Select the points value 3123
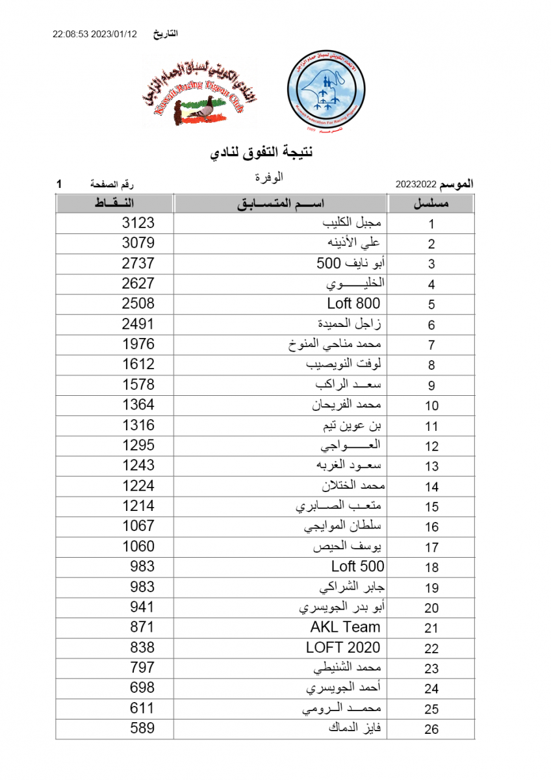pyautogui.click(x=138, y=223)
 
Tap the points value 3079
pyautogui.click(x=138, y=243)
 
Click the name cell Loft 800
pyautogui.click(x=353, y=304)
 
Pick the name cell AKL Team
pyautogui.click(x=345, y=627)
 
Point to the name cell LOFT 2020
pyautogui.click(x=343, y=647)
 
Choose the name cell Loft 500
pyautogui.click(x=357, y=566)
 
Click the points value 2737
pyautogui.click(x=138, y=263)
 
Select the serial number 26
pyautogui.click(x=431, y=729)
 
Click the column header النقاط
pyautogui.click(x=114, y=204)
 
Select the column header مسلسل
pyautogui.click(x=431, y=204)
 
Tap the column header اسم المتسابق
pyautogui.click(x=281, y=204)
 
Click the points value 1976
pyautogui.click(x=138, y=344)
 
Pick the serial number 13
pyautogui.click(x=431, y=467)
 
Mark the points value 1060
pyautogui.click(x=138, y=546)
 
